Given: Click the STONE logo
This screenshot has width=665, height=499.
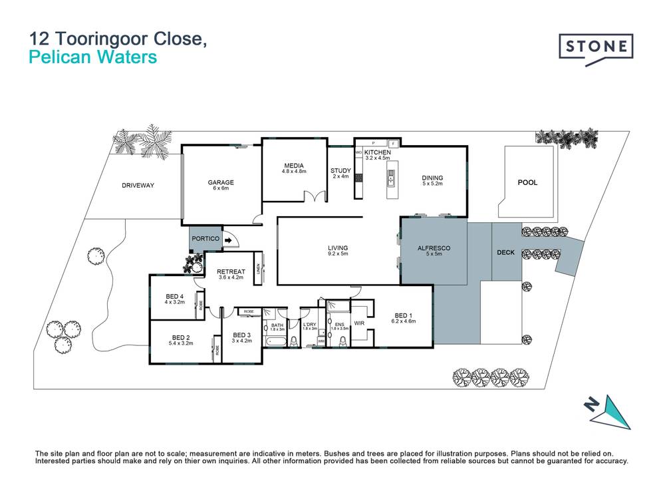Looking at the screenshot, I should (x=595, y=47).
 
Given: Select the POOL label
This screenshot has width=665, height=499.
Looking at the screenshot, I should (x=527, y=182).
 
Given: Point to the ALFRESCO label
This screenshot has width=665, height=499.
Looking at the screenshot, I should (x=434, y=248).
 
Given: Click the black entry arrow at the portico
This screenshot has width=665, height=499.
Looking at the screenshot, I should (x=228, y=241).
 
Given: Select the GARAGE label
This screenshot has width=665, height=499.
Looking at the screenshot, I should (x=221, y=182).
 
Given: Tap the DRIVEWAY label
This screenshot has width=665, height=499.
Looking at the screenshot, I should (x=138, y=186).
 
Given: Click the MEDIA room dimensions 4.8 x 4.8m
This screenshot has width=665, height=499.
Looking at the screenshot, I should (x=293, y=172).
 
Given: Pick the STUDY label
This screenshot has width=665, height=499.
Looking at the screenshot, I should (x=340, y=171).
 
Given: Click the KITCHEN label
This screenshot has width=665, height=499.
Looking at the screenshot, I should (x=376, y=152).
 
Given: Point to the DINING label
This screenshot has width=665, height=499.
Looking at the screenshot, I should (x=432, y=178).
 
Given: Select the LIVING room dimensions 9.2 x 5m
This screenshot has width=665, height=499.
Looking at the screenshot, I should (x=338, y=254).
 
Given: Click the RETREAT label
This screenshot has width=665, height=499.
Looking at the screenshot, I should (x=231, y=271).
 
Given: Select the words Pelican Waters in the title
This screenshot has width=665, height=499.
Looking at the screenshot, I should (x=93, y=58).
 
